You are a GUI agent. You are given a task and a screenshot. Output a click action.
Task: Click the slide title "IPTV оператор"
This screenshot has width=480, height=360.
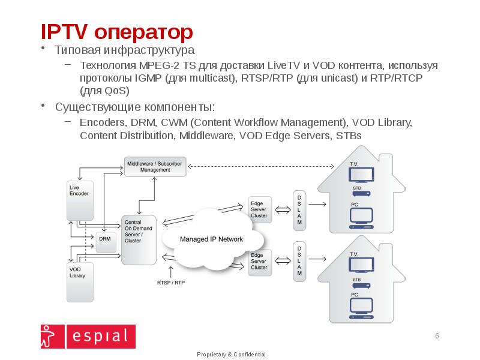116,31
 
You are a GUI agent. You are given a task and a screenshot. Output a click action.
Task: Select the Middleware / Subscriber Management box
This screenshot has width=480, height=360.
155,166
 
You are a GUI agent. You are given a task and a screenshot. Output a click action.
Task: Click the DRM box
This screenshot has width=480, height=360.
104,241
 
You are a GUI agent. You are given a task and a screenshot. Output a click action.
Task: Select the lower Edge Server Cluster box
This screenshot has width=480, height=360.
260,262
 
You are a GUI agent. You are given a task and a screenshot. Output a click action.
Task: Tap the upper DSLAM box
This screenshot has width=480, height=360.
299,210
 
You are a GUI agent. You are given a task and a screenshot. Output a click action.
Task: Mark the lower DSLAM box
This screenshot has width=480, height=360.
299,261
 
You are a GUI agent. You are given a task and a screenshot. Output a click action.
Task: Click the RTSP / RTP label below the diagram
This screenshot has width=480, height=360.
170,281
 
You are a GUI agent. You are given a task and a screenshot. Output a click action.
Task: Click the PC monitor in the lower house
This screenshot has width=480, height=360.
361,307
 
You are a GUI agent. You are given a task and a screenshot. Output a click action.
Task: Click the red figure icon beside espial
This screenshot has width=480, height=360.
50,336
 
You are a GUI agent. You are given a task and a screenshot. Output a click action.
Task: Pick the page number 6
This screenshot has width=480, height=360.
437,335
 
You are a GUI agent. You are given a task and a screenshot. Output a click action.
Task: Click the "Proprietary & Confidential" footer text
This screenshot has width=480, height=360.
231,355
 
